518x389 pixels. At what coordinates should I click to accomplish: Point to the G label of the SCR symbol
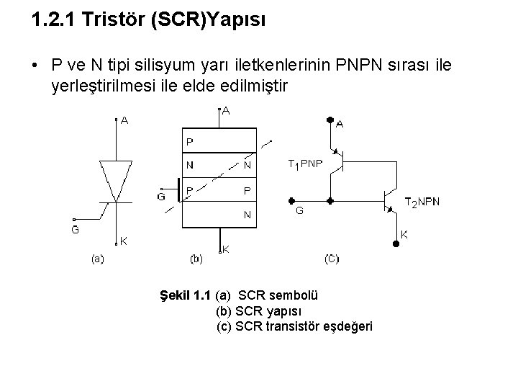[74, 231]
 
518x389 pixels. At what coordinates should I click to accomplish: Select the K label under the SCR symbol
[124, 241]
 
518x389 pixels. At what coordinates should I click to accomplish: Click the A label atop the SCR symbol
[124, 121]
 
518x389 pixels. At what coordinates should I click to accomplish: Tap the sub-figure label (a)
[97, 259]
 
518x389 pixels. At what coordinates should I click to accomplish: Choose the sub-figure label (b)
[196, 258]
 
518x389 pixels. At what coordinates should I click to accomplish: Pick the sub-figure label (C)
[332, 258]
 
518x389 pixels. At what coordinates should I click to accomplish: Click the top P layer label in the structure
[189, 142]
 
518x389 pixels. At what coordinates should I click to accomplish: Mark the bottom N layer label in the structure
[247, 214]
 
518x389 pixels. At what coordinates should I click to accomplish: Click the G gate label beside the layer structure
[161, 195]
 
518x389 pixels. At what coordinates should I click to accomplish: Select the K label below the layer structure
[225, 249]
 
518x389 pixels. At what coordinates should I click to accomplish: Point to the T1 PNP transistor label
[306, 164]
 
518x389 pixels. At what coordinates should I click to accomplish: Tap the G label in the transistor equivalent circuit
[299, 212]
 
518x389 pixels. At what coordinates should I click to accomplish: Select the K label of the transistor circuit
[404, 234]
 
